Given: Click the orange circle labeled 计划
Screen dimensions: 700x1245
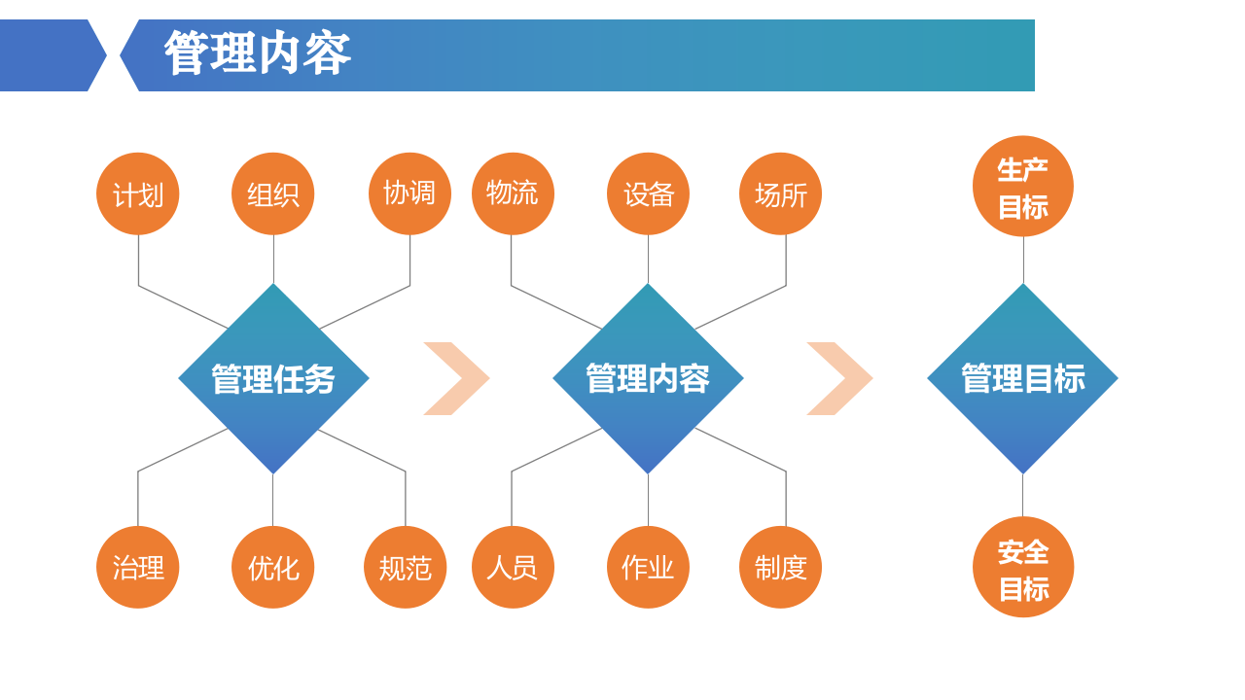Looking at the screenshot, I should pyautogui.click(x=138, y=194).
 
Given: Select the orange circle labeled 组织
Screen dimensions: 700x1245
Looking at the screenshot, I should pyautogui.click(x=273, y=194).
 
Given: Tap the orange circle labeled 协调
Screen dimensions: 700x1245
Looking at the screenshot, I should pyautogui.click(x=409, y=193).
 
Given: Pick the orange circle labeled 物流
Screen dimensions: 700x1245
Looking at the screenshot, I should pyautogui.click(x=513, y=193).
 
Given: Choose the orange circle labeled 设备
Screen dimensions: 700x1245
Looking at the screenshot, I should pyautogui.click(x=648, y=194).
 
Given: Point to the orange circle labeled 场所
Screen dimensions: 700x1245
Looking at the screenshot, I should pyautogui.click(x=780, y=194).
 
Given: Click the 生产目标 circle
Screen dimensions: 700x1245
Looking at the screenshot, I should pyautogui.click(x=1023, y=187).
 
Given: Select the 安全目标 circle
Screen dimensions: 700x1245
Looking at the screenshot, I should pyautogui.click(x=1023, y=568).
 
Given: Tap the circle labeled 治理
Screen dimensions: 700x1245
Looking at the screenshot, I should pyautogui.click(x=138, y=568).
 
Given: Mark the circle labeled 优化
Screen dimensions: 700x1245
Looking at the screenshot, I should pyautogui.click(x=273, y=568).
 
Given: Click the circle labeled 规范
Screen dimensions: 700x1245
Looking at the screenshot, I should pyautogui.click(x=406, y=568).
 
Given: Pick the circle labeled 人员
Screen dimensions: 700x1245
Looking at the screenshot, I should pyautogui.click(x=513, y=568).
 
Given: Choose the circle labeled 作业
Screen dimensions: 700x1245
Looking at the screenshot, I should pyautogui.click(x=648, y=568).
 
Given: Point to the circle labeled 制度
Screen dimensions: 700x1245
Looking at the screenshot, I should pyautogui.click(x=780, y=568).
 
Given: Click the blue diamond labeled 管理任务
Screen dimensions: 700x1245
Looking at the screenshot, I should pyautogui.click(x=273, y=379).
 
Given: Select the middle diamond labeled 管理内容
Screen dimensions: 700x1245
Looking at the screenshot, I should pyautogui.click(x=648, y=379).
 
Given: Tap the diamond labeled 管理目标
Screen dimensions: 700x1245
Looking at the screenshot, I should pyautogui.click(x=1023, y=379).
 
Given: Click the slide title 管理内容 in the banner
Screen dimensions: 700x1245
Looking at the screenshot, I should pyautogui.click(x=258, y=54).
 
